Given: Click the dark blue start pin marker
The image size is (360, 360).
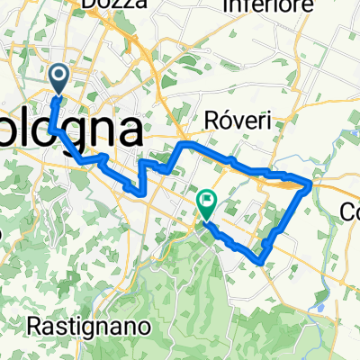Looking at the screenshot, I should (60, 79).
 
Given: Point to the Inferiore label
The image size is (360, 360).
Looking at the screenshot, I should (272, 6).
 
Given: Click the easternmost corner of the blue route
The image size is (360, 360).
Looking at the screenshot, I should (312, 184).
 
